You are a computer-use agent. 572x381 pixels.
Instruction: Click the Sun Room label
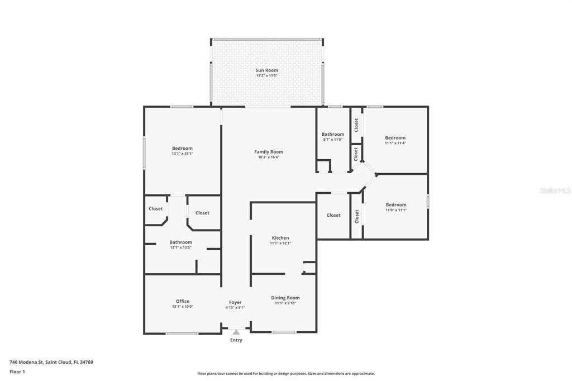pos(266,70)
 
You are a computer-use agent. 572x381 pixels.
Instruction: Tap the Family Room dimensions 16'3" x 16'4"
pos(269,158)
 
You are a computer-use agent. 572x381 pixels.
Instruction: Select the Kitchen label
pos(280,238)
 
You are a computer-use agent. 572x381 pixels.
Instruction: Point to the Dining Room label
pos(285,298)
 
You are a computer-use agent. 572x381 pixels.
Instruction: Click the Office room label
pos(182,301)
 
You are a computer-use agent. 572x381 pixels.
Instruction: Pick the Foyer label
pos(235,302)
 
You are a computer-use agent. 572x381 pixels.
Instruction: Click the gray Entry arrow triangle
pos(236,332)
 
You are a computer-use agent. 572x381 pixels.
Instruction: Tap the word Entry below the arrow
pos(236,340)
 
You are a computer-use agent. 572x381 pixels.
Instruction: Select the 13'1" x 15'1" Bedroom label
pos(182,149)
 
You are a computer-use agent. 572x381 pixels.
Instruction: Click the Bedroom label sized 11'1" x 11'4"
pos(395,138)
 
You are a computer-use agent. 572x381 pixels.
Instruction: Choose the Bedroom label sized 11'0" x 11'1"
pos(395,205)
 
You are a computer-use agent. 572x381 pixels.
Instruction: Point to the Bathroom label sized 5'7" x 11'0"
pos(332,135)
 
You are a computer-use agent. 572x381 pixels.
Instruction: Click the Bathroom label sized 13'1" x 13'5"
pos(180,242)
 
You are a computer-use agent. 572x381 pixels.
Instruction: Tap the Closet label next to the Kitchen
pos(333,215)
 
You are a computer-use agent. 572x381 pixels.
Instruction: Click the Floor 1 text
pos(17,372)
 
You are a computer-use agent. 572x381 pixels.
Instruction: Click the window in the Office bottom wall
pos(182,334)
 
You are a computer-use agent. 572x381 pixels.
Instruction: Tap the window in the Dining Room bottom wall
pos(284,332)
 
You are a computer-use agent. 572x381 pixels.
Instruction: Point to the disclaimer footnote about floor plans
pos(285,374)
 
